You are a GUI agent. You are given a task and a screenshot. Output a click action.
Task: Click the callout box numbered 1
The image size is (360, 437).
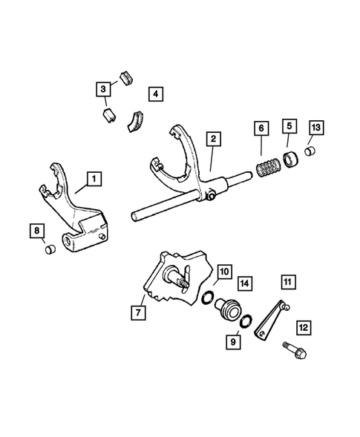[x=94, y=179]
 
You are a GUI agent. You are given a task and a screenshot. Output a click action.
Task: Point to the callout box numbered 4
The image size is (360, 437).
[x=155, y=94]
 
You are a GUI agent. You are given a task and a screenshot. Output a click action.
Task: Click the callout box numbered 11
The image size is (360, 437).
[x=287, y=282]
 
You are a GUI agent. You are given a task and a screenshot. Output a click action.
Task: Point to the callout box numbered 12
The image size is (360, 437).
[x=303, y=326]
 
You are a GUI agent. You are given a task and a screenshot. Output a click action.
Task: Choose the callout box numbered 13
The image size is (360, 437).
[x=316, y=128]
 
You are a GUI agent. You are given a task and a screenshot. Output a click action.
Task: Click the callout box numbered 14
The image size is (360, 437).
[x=245, y=283]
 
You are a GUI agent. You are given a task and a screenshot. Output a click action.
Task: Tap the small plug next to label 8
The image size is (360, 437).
[x=50, y=251]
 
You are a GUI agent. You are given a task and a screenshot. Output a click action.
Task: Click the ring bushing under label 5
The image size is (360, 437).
[x=290, y=157]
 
